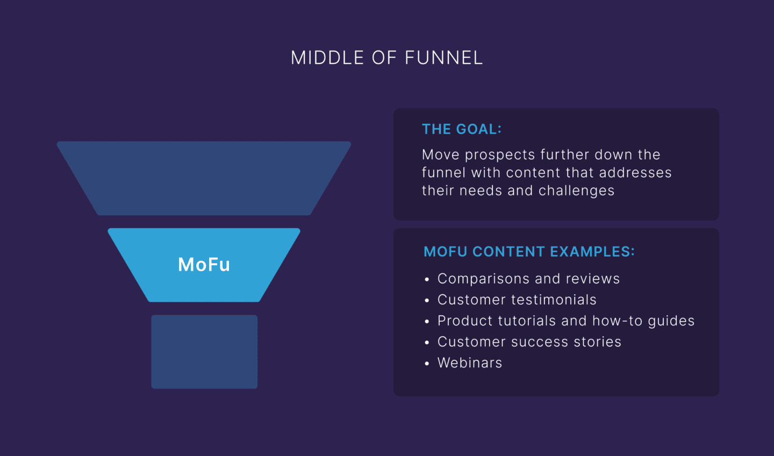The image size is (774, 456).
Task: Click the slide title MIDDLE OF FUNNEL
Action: click(386, 58)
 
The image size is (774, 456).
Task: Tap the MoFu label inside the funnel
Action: click(204, 265)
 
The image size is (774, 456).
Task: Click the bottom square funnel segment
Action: click(204, 352)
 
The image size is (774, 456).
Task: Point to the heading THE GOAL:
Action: click(461, 129)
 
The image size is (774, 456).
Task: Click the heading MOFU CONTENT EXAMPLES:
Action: click(529, 252)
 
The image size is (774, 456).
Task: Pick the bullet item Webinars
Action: click(470, 363)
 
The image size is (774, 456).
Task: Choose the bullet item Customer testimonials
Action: click(517, 300)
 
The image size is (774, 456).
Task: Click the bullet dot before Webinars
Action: click(427, 364)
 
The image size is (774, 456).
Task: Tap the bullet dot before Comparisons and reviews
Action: click(427, 280)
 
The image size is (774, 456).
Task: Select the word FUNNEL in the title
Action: click(443, 58)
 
